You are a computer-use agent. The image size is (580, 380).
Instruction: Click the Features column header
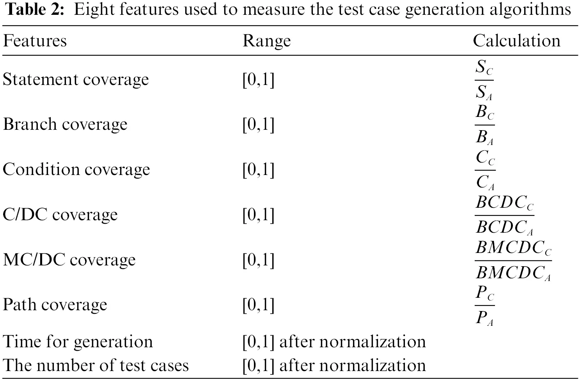point(35,41)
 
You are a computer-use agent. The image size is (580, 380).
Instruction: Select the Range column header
point(266,41)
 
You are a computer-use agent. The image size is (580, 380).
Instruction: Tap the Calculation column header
point(516,41)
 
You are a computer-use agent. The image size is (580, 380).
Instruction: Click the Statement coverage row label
point(76,80)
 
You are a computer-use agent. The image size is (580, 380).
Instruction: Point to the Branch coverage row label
point(65,124)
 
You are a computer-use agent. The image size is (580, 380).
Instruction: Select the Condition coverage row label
point(76,170)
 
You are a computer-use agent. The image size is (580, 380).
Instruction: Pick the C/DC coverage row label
point(60,215)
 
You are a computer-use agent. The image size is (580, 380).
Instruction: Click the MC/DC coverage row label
point(69,260)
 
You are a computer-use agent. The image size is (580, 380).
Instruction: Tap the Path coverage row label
point(55,305)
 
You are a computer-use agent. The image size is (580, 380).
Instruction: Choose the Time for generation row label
point(78,342)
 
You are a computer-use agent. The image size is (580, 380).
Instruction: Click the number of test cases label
point(96,366)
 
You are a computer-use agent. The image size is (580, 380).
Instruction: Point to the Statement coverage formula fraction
point(484,80)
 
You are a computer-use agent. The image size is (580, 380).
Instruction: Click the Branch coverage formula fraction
point(484,125)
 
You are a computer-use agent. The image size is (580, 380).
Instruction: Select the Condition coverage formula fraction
point(485,170)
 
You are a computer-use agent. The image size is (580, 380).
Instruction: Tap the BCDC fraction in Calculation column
point(504,215)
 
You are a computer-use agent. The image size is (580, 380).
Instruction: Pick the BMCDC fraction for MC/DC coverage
point(513,260)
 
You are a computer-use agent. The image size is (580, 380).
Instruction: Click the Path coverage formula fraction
point(484,305)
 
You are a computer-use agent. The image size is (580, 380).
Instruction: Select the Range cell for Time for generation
point(334,342)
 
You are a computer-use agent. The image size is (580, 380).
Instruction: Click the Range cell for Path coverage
point(258,305)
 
